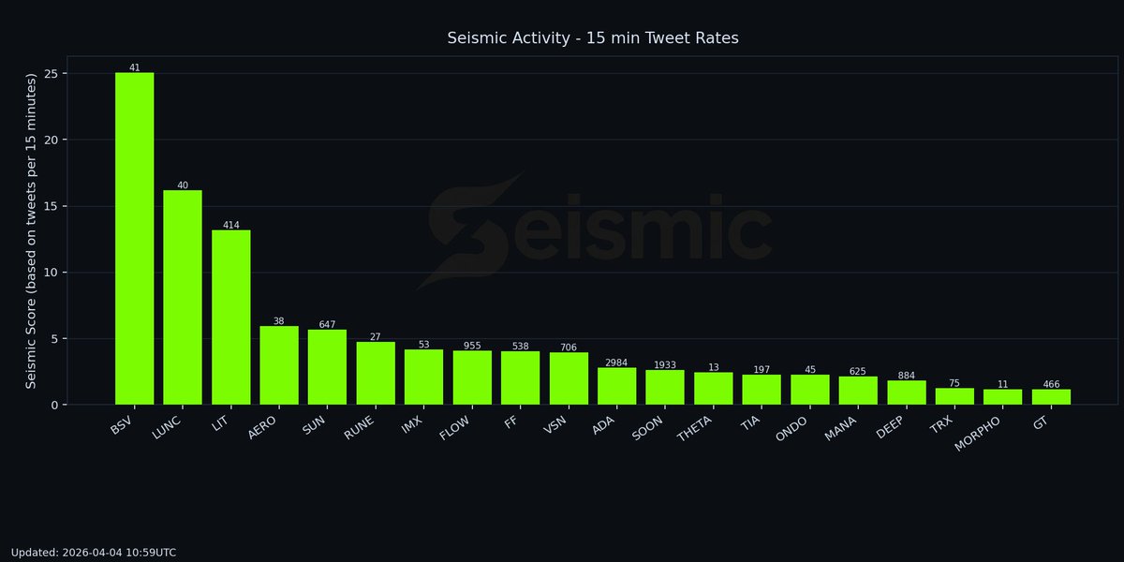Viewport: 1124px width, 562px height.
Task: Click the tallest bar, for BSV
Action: [134, 238]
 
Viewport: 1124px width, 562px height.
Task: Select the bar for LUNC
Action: [183, 298]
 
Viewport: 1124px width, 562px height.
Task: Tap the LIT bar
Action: [230, 318]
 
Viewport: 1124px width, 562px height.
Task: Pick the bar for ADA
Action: [616, 386]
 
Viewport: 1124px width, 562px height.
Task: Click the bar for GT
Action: [1051, 397]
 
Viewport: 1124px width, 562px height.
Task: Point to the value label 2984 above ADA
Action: [616, 362]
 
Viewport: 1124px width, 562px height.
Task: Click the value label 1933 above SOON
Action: [665, 365]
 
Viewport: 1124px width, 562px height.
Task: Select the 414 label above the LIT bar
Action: [230, 226]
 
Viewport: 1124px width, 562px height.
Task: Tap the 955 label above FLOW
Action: [472, 346]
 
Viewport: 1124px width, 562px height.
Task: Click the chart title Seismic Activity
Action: [593, 38]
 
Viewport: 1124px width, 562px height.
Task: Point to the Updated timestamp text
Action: [94, 553]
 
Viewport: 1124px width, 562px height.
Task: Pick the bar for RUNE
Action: [376, 373]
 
